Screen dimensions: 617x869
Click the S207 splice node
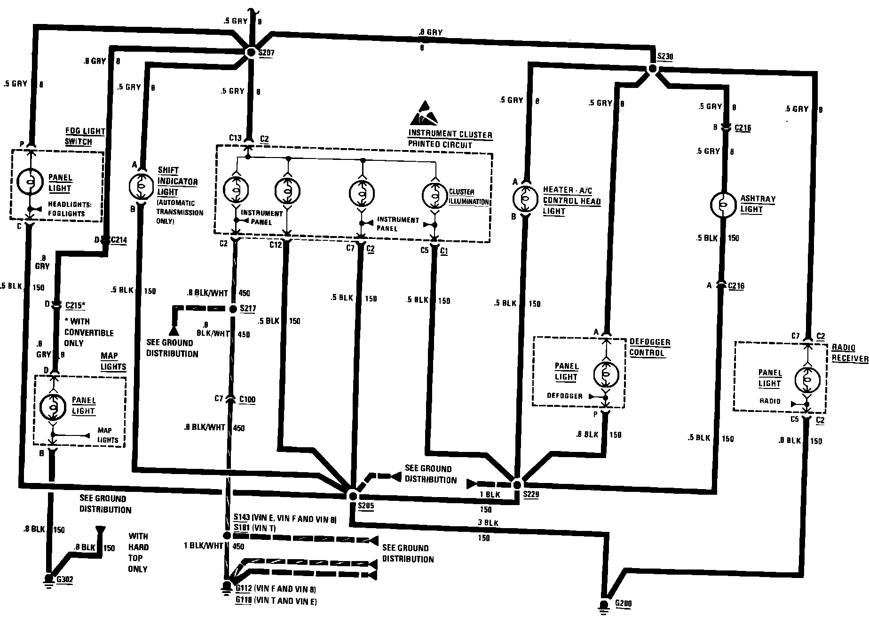point(251,53)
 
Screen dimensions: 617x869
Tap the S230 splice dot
point(652,69)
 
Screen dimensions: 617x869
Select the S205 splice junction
point(352,496)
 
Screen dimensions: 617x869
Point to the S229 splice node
point(517,484)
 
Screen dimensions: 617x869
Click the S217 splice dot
point(233,309)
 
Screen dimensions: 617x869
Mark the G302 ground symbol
point(47,579)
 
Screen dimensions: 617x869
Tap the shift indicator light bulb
point(141,186)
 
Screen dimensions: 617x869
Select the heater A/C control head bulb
point(525,198)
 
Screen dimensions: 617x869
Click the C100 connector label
point(247,400)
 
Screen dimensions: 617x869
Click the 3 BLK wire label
point(488,522)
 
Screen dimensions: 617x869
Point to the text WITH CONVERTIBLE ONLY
point(89,332)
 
